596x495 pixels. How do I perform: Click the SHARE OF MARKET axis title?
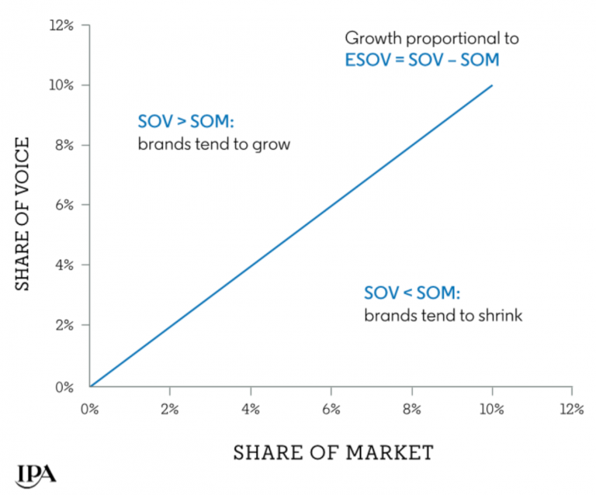333,452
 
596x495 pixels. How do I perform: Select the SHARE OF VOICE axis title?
23,213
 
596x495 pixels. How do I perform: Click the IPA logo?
35,472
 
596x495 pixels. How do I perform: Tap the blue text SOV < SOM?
411,294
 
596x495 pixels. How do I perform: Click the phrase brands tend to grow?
213,144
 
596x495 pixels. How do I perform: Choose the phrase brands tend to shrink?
443,316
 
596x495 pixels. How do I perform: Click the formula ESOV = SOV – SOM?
421,59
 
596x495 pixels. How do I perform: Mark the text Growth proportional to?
431,38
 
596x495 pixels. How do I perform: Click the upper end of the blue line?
492,85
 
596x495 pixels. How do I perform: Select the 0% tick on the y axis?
67,386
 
